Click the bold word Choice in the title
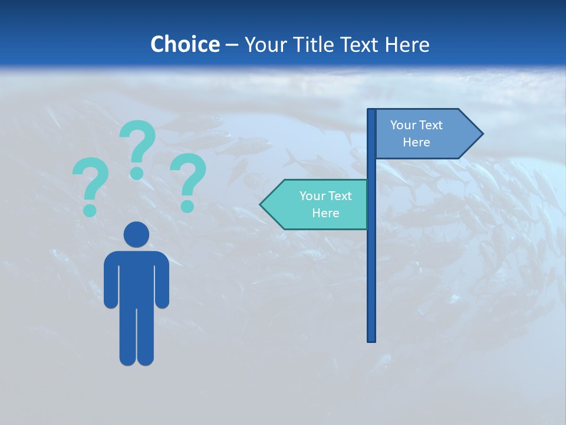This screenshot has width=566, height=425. (x=185, y=44)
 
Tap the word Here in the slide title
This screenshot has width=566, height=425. (x=407, y=44)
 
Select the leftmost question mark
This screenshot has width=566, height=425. (x=90, y=180)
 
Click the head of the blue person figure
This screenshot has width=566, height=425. (x=137, y=234)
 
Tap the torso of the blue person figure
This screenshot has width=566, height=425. (x=137, y=277)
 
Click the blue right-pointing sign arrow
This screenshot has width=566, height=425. (x=424, y=134)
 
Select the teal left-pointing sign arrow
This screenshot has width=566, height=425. (x=315, y=204)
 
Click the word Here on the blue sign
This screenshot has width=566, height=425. (x=416, y=142)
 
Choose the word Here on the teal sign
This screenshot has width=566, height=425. (x=325, y=213)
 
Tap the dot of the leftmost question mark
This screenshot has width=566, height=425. (x=90, y=210)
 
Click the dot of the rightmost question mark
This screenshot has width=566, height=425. (x=187, y=206)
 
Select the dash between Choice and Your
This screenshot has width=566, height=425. (x=232, y=45)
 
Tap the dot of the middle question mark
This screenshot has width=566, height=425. (x=137, y=173)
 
